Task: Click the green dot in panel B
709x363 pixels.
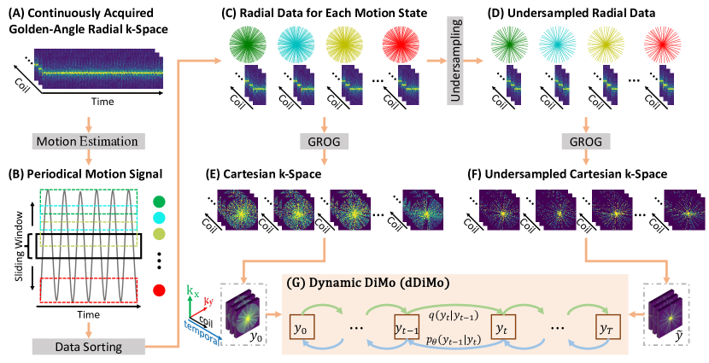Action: (x=160, y=202)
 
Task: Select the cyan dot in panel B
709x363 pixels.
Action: (x=160, y=219)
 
